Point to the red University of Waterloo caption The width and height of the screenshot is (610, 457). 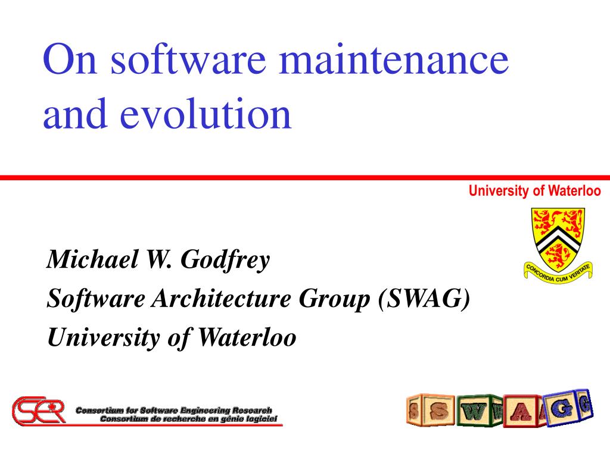click(x=534, y=191)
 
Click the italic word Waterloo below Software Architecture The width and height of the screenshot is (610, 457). click(x=247, y=337)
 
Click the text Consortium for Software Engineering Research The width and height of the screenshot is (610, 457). click(x=173, y=410)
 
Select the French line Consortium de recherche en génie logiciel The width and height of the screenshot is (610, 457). click(x=188, y=418)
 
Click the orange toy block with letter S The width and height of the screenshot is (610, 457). click(x=438, y=411)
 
